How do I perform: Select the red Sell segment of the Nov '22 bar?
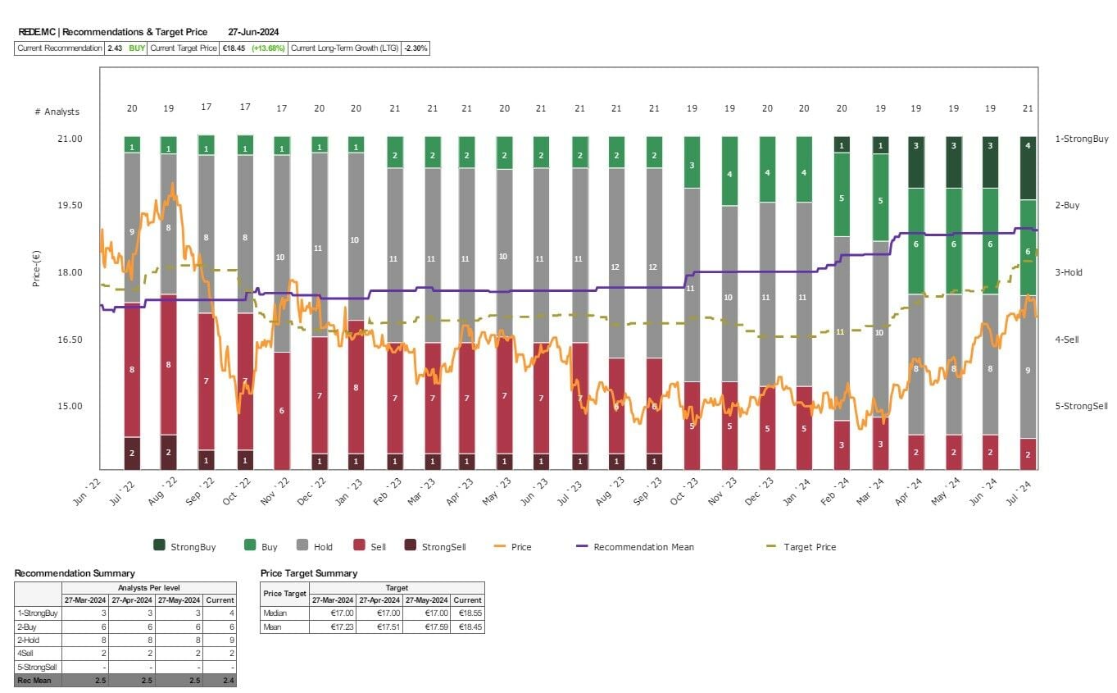(281, 410)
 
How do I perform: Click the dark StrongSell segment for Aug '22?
(169, 452)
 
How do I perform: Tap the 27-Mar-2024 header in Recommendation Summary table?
(84, 600)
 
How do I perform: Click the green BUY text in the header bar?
(137, 48)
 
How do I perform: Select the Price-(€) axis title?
(37, 272)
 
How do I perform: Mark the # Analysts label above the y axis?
(57, 112)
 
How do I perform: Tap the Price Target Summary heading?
(309, 573)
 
